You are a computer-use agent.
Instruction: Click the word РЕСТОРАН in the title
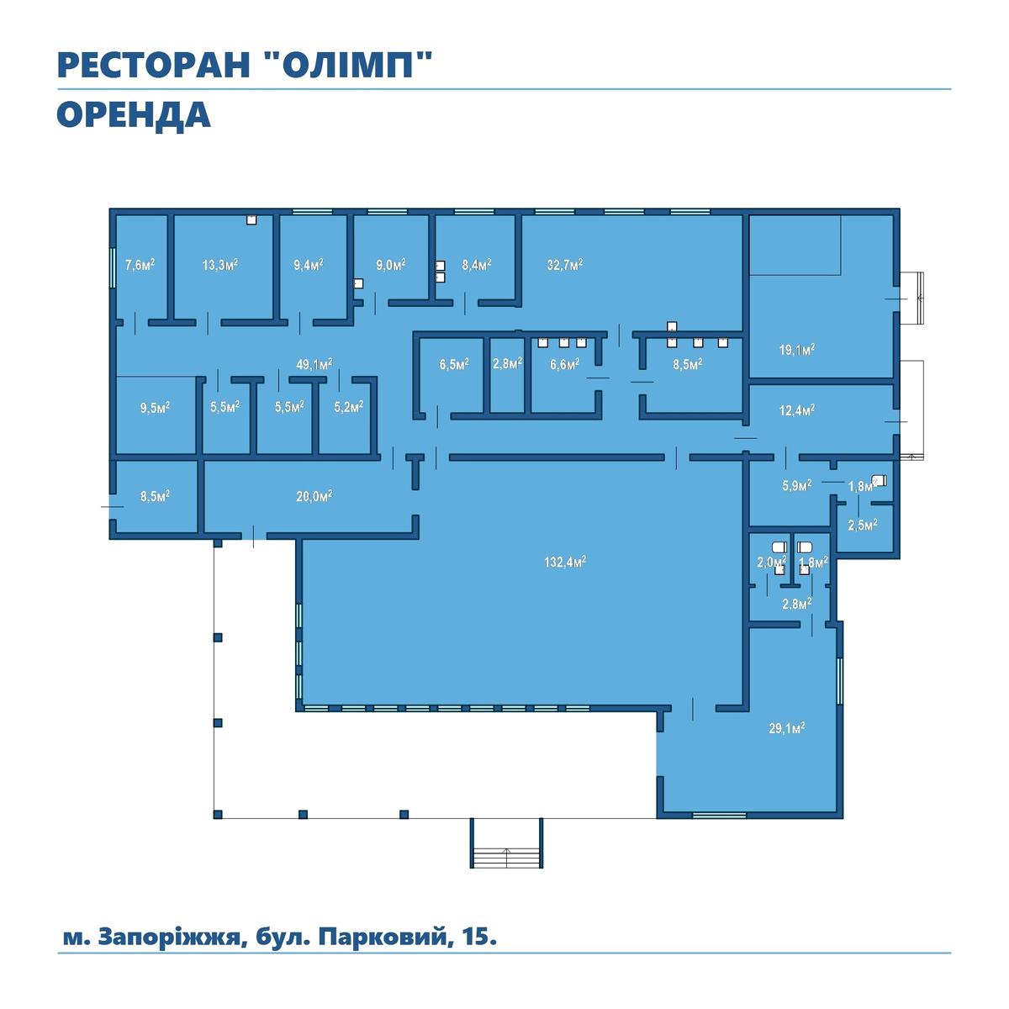[x=153, y=65]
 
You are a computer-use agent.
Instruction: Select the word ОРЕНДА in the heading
[x=134, y=116]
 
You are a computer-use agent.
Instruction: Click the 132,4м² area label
[x=564, y=563]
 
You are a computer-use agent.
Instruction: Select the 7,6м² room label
[x=140, y=264]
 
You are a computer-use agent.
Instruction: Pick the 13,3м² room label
[x=220, y=264]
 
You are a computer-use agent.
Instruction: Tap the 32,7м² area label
[x=565, y=264]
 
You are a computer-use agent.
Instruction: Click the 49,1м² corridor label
[x=314, y=364]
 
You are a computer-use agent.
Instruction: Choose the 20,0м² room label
[x=314, y=495]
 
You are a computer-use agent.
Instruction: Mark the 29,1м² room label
[x=786, y=728]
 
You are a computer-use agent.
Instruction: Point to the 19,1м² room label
[x=797, y=350]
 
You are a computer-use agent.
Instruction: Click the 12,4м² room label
[x=797, y=410]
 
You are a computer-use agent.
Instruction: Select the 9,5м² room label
[x=155, y=408]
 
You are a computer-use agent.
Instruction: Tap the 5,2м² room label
[x=349, y=406]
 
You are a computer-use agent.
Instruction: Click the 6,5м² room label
[x=454, y=364]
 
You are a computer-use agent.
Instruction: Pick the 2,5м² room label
[x=863, y=525]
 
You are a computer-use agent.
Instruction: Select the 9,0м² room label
[x=391, y=264]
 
